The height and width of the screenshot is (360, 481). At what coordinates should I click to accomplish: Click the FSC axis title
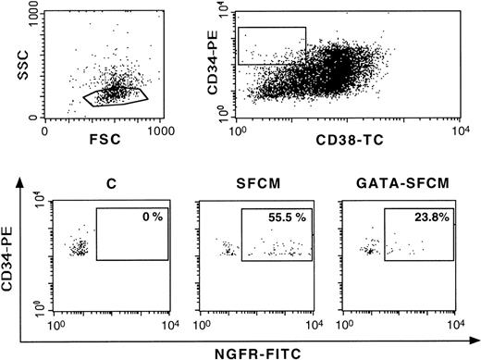pyautogui.click(x=104, y=145)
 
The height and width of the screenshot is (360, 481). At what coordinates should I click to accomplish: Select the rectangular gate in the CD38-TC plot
pyautogui.click(x=271, y=44)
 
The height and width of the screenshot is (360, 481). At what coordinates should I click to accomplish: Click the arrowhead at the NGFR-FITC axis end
pyautogui.click(x=472, y=333)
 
